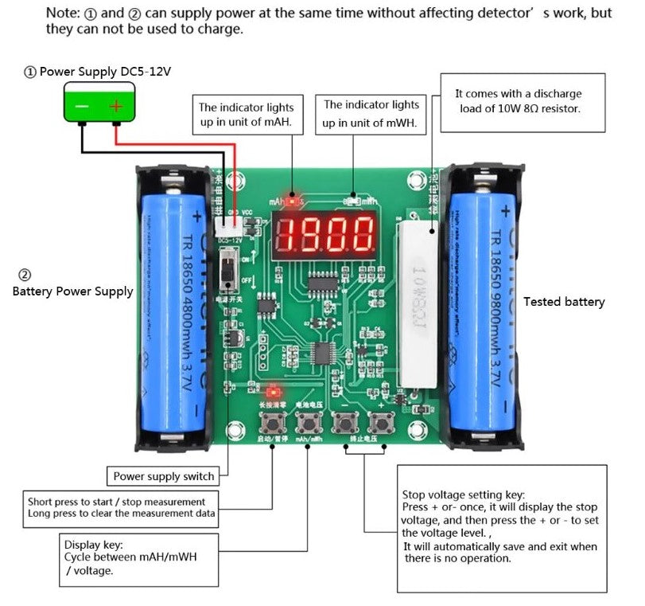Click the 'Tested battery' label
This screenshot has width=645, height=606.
(564, 302)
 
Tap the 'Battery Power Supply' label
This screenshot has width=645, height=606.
(72, 291)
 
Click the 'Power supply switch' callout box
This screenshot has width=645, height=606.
(163, 476)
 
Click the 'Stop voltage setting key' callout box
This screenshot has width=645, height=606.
(501, 528)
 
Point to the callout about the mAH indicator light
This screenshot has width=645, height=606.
(246, 115)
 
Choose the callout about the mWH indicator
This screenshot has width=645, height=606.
(371, 114)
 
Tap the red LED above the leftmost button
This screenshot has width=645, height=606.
(274, 392)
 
